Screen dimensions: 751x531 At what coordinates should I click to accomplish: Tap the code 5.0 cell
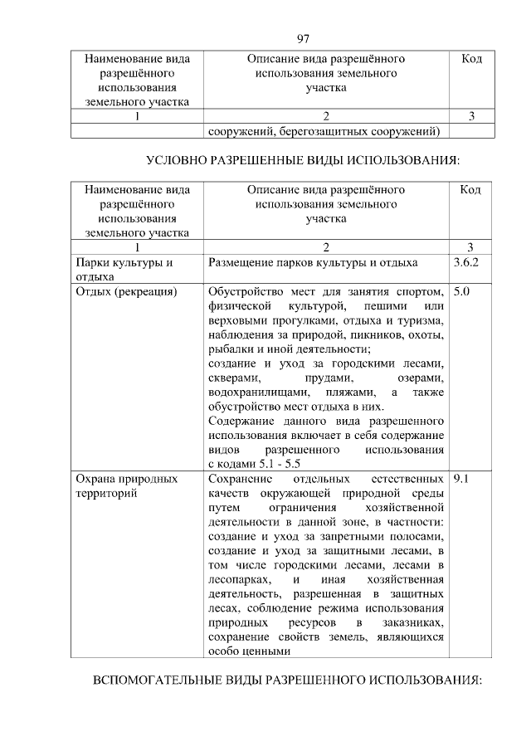tap(462, 292)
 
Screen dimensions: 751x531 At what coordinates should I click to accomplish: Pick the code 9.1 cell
tap(462, 479)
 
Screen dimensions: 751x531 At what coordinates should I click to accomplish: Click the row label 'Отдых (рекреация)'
tap(125, 292)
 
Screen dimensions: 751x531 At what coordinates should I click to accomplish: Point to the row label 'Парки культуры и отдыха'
tap(124, 270)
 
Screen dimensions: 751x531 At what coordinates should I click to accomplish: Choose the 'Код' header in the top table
tap(470, 60)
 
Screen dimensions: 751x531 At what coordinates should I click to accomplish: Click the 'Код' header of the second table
tap(470, 190)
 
